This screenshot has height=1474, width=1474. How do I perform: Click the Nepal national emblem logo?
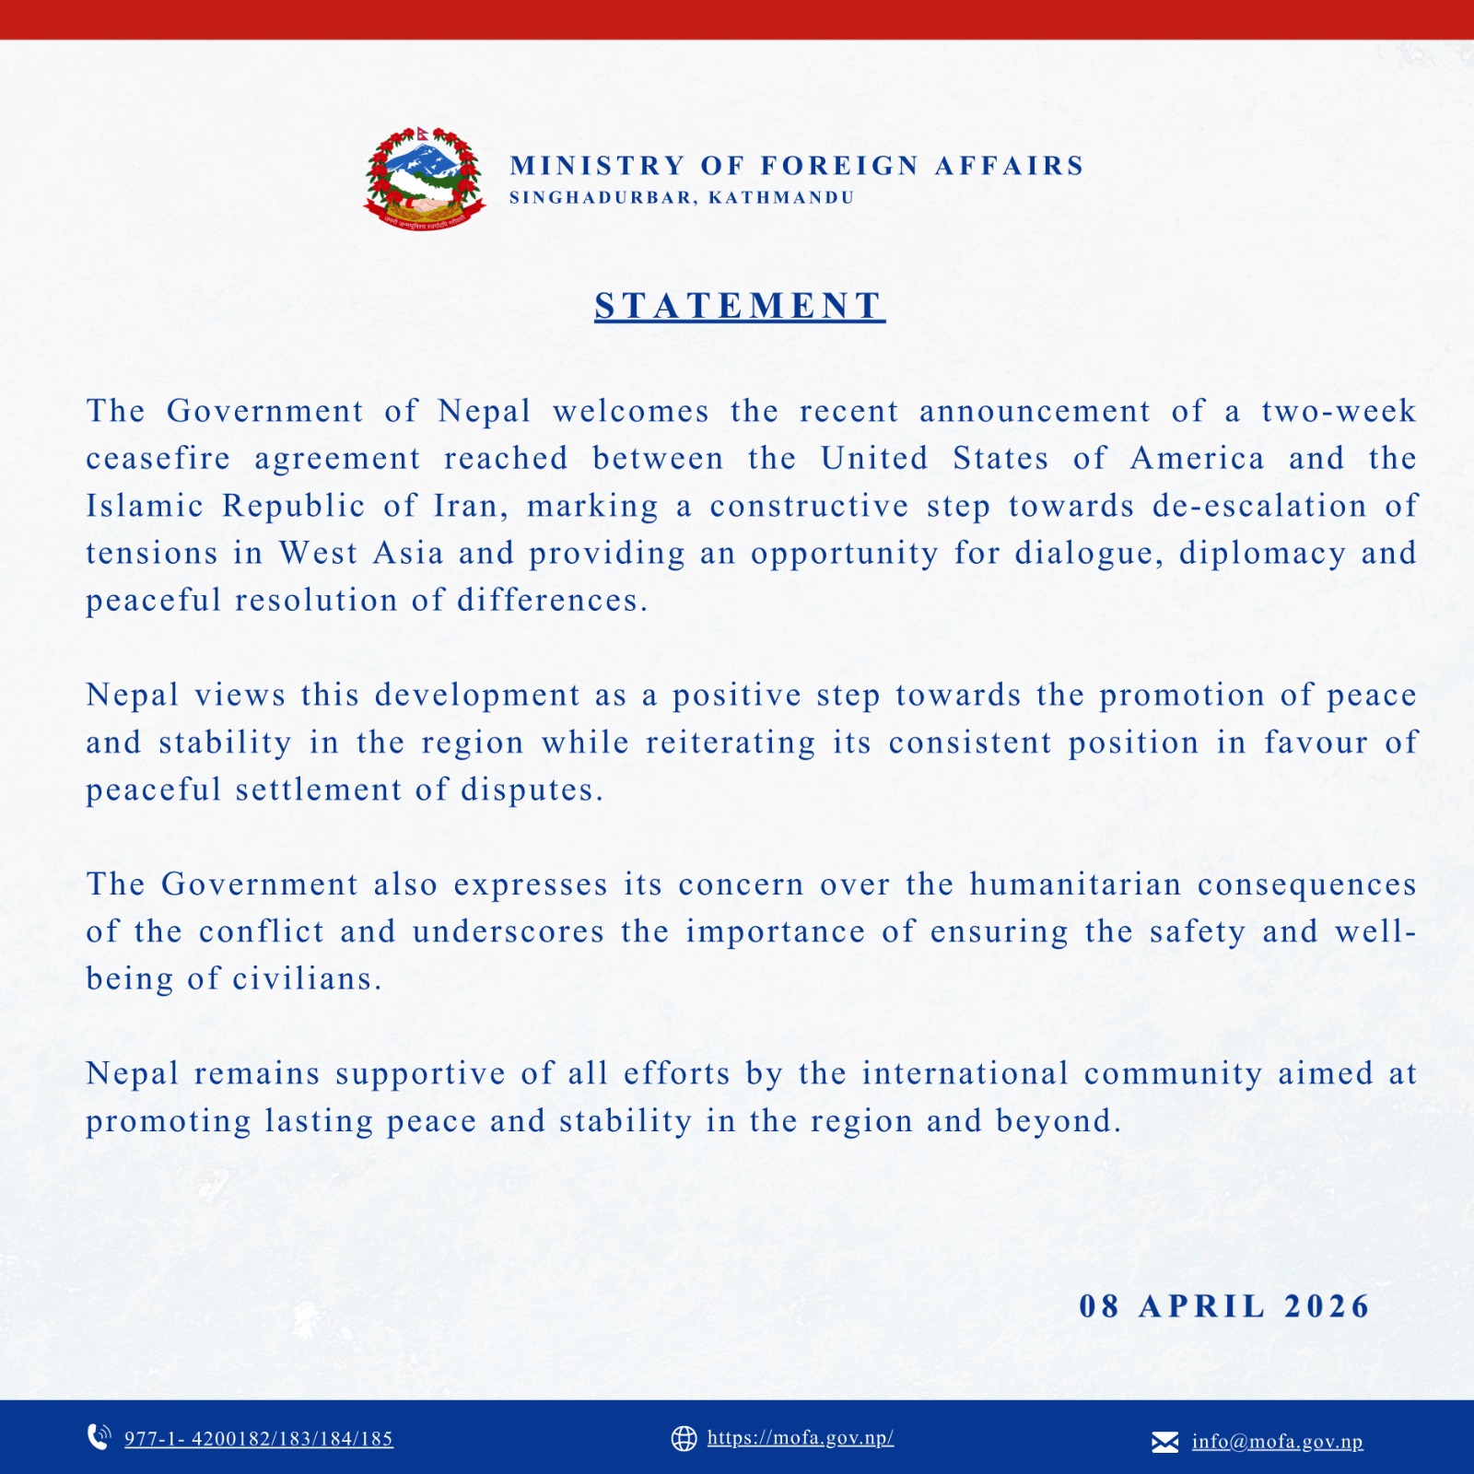(x=425, y=179)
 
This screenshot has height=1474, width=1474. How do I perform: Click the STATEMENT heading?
(x=739, y=306)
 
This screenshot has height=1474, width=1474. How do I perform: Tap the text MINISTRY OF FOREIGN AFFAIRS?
(x=797, y=166)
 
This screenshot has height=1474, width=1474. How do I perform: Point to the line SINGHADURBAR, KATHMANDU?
(x=682, y=198)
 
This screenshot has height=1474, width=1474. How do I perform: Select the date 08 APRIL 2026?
(x=1224, y=1306)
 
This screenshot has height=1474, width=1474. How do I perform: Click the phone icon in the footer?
(x=99, y=1437)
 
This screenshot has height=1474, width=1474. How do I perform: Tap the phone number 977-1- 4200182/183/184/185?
(x=259, y=1439)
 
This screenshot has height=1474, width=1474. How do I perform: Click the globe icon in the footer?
(x=684, y=1438)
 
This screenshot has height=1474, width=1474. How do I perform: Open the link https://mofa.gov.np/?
(x=801, y=1438)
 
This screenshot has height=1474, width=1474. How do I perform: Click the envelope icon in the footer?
(x=1164, y=1442)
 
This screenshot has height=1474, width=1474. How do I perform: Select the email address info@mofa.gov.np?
(x=1277, y=1442)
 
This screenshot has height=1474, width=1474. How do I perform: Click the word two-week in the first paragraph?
(x=1339, y=411)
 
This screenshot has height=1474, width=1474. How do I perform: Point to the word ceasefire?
(x=158, y=459)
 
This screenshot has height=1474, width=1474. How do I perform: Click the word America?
(x=1197, y=459)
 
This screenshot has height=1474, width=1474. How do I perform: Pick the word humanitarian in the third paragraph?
(x=1075, y=884)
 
